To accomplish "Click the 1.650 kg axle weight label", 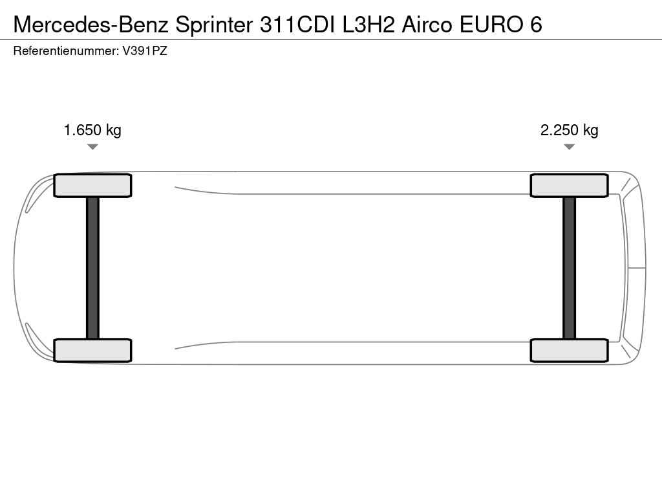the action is coord(92,130).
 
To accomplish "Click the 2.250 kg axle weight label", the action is coord(569,130).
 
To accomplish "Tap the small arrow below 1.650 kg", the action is coord(92,147).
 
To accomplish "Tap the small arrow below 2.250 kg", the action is coord(569,147).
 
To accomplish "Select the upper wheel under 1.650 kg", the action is coord(92,186).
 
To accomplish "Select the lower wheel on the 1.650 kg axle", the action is coord(92,350).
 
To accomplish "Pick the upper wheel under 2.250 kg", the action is coord(569,186).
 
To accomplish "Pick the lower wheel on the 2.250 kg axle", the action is coord(569,350).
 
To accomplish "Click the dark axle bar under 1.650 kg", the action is coord(92,268).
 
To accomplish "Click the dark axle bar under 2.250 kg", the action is coord(569,268).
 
